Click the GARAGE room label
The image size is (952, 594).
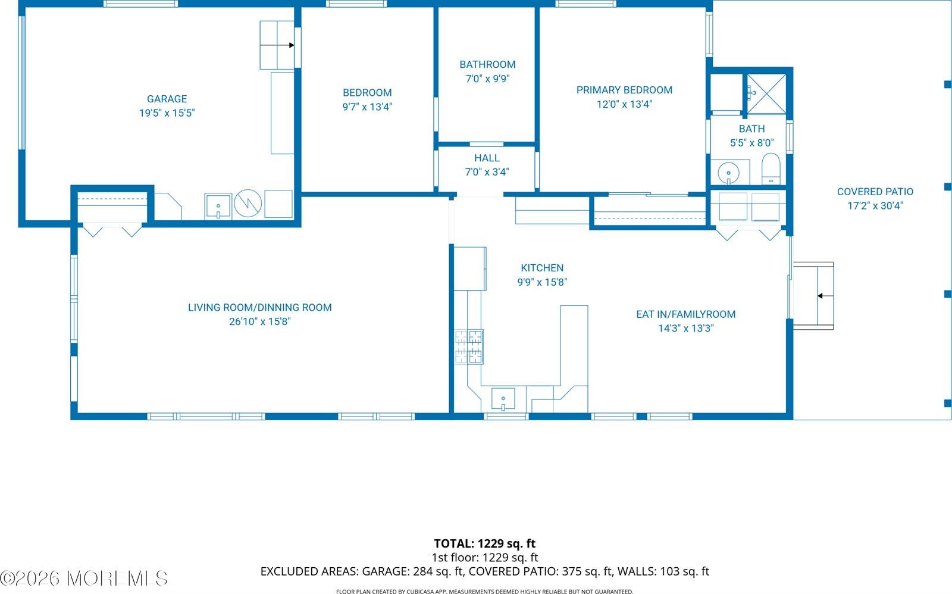167,99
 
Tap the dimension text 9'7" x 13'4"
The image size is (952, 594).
367,107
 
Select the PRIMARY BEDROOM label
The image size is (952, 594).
624,90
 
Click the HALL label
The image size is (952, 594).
487,158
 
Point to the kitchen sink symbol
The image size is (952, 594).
503,399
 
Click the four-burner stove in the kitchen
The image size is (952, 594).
469,346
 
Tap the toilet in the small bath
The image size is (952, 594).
771,169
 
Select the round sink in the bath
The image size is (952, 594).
728,173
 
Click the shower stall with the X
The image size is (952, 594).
766,93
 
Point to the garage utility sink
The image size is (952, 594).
218,206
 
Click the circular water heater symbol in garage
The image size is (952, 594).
248,204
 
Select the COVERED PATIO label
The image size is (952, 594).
875,192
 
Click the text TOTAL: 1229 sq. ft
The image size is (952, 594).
484,543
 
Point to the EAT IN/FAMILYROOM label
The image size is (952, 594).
685,314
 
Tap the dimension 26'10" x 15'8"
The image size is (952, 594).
259,321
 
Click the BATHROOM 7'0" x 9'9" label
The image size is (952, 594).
487,71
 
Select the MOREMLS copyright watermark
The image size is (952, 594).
84,578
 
